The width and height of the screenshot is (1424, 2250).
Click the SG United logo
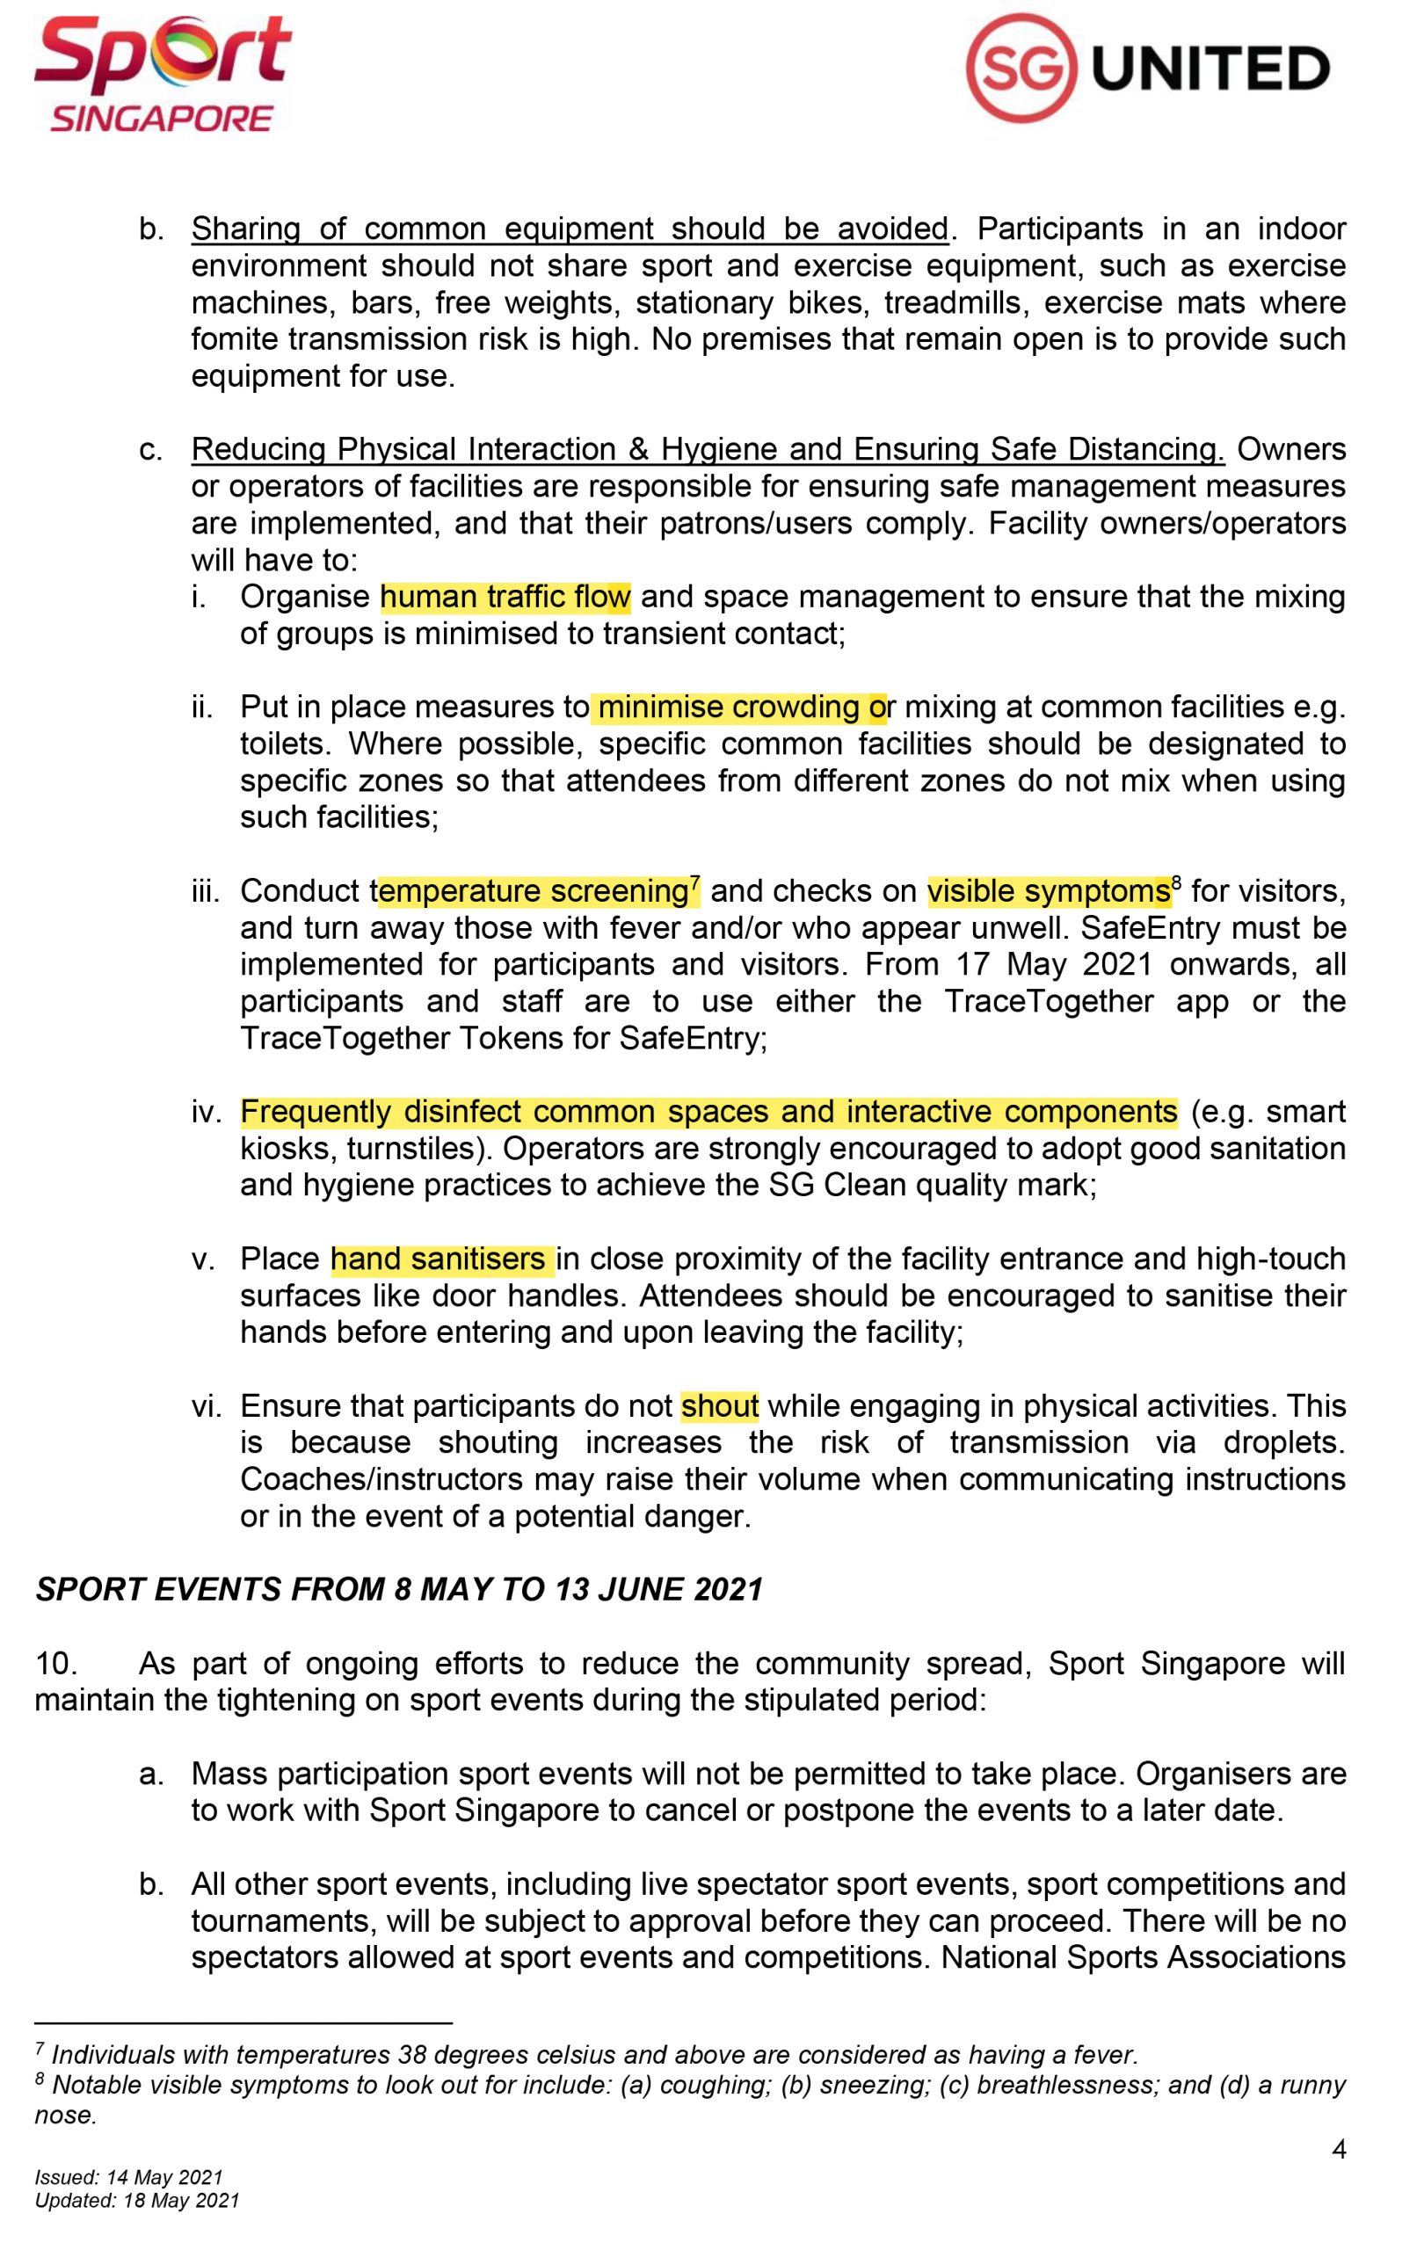click(x=1146, y=69)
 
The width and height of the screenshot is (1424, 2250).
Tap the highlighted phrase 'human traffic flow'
click(x=505, y=596)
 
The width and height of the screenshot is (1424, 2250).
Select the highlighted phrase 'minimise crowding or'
click(x=738, y=708)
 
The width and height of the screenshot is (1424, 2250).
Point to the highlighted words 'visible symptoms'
click(x=1047, y=891)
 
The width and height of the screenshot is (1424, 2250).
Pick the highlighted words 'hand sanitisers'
click(x=442, y=1259)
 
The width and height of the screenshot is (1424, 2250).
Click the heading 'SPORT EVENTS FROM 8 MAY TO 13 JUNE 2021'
click(x=399, y=1589)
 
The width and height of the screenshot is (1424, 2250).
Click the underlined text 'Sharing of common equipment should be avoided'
click(x=569, y=229)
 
